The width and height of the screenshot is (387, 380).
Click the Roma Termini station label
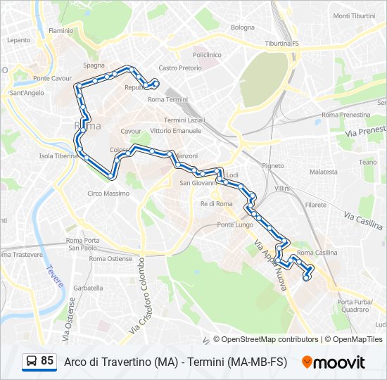tap(165, 100)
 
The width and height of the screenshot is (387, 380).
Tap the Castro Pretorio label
tap(180, 68)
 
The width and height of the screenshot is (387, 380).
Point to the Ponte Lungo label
tap(234, 224)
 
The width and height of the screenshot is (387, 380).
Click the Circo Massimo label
tap(108, 194)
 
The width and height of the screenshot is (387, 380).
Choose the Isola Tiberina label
tap(58, 156)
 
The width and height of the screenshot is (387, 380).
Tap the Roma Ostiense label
tap(110, 259)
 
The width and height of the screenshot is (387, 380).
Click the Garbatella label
tap(88, 288)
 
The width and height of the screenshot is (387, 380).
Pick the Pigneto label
tap(272, 166)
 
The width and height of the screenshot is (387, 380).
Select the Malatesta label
tap(324, 172)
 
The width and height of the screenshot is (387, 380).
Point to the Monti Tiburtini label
tap(354, 15)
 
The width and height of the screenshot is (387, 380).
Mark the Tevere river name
tap(56, 277)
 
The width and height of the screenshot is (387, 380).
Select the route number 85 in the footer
tap(47, 361)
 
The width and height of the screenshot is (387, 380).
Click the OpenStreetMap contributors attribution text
tap(266, 339)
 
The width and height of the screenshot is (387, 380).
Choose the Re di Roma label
tap(217, 203)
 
